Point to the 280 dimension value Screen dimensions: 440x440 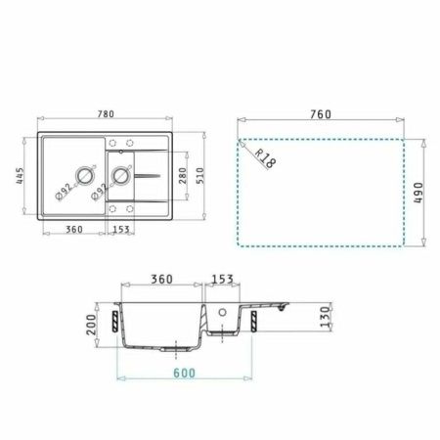click(x=181, y=175)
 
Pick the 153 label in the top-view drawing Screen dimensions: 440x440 click(x=121, y=230)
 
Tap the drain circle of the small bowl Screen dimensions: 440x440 click(x=122, y=177)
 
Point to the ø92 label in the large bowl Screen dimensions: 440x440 click(x=62, y=190)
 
